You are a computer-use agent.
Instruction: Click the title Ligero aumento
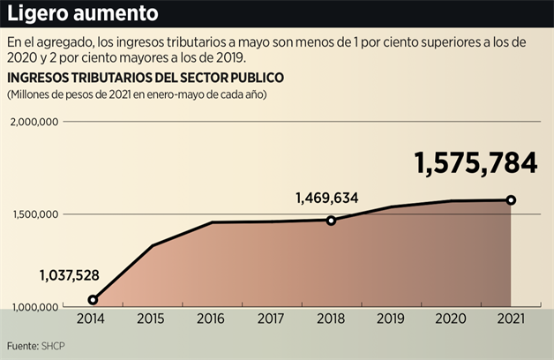click(x=84, y=14)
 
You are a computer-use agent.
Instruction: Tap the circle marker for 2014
click(x=93, y=300)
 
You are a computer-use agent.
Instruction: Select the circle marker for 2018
click(x=331, y=221)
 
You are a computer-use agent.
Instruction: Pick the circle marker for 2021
click(x=511, y=200)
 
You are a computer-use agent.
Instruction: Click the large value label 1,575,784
click(x=475, y=163)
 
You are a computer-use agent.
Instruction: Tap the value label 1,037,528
click(x=69, y=275)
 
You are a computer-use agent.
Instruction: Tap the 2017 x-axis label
click(x=271, y=320)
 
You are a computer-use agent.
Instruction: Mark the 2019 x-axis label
click(x=391, y=320)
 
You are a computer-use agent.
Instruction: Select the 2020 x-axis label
click(x=451, y=320)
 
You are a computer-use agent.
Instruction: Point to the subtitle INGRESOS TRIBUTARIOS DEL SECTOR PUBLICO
click(x=145, y=78)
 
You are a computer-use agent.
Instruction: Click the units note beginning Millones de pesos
click(x=137, y=94)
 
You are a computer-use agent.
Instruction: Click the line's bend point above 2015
click(x=152, y=245)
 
